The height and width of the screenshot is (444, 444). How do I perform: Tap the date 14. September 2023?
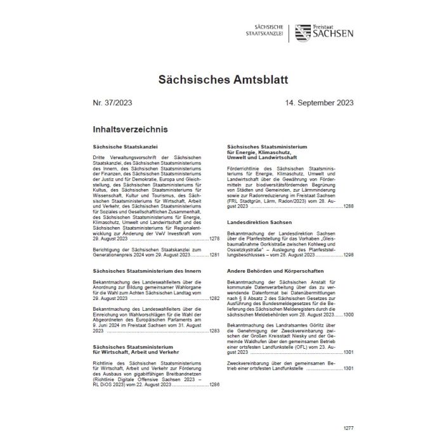[x=319, y=103]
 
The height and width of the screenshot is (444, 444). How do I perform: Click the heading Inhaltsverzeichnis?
[x=130, y=130]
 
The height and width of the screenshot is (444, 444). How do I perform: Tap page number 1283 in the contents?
[x=214, y=331]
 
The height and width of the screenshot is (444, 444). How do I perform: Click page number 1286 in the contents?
[x=214, y=384]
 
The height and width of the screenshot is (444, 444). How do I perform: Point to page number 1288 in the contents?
[x=348, y=207]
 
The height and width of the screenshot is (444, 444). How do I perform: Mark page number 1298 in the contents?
[x=348, y=254]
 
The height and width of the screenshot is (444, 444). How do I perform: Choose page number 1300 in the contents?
[x=348, y=315]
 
